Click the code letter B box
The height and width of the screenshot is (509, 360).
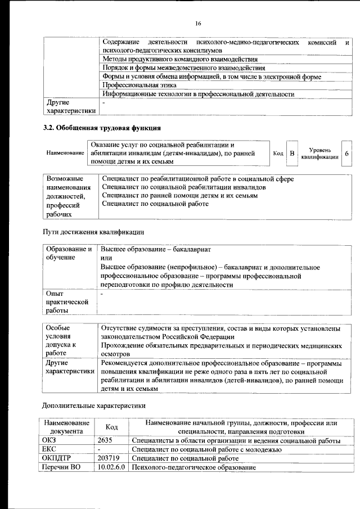pyautogui.click(x=291, y=154)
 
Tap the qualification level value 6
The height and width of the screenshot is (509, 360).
pyautogui.click(x=347, y=154)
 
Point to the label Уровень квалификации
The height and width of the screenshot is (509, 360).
pyautogui.click(x=319, y=154)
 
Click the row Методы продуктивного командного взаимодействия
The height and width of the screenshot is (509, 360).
pyautogui.click(x=179, y=58)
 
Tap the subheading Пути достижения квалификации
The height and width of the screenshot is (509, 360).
pyautogui.click(x=94, y=232)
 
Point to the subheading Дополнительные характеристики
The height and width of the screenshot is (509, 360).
pyautogui.click(x=94, y=405)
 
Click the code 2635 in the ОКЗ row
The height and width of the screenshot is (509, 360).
pyautogui.click(x=105, y=440)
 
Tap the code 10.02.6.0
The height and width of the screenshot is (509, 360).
pyautogui.click(x=111, y=467)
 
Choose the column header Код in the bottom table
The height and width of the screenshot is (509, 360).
pyautogui.click(x=111, y=427)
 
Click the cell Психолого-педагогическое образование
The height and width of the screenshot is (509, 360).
pyautogui.click(x=193, y=467)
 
